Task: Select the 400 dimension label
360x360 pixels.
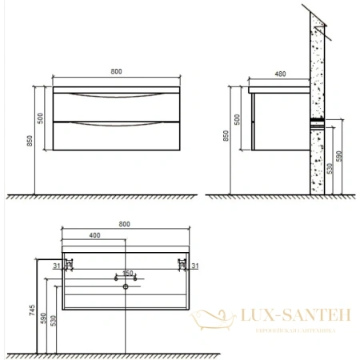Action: click(94, 234)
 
